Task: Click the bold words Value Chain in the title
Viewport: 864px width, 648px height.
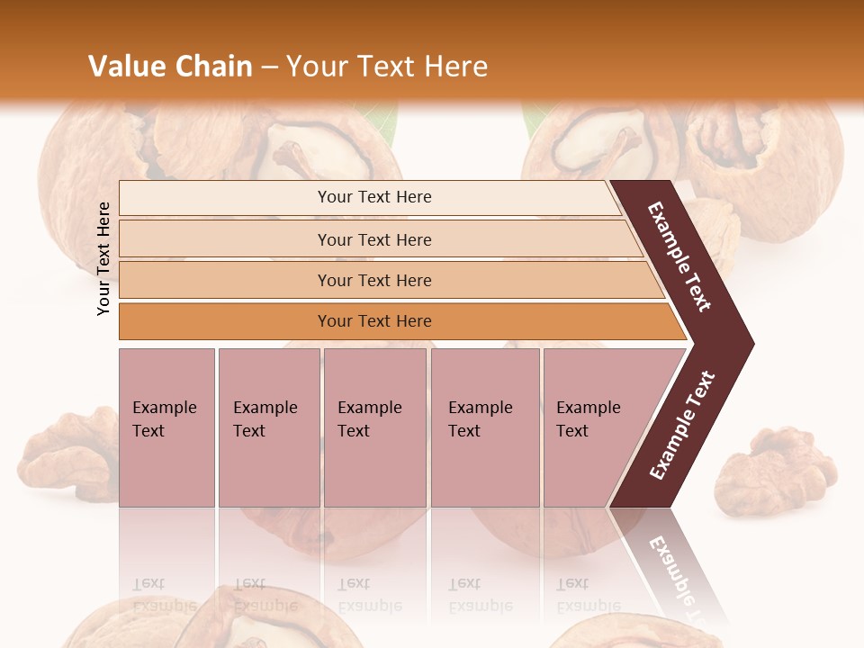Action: [170, 67]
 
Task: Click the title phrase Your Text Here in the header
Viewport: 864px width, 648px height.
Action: [387, 67]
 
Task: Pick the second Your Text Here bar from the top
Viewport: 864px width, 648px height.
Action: [374, 239]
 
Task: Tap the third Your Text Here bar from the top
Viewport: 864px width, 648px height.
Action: [374, 280]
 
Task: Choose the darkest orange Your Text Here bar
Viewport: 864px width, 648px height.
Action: [374, 321]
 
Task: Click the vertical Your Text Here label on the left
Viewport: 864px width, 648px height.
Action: [103, 258]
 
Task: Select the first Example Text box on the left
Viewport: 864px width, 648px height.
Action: [166, 427]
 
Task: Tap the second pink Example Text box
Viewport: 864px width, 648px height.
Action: [268, 427]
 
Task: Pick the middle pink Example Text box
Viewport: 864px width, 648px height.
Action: [374, 427]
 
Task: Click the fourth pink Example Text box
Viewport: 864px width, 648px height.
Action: [484, 427]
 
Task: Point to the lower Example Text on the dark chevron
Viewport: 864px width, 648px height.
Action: [682, 426]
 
